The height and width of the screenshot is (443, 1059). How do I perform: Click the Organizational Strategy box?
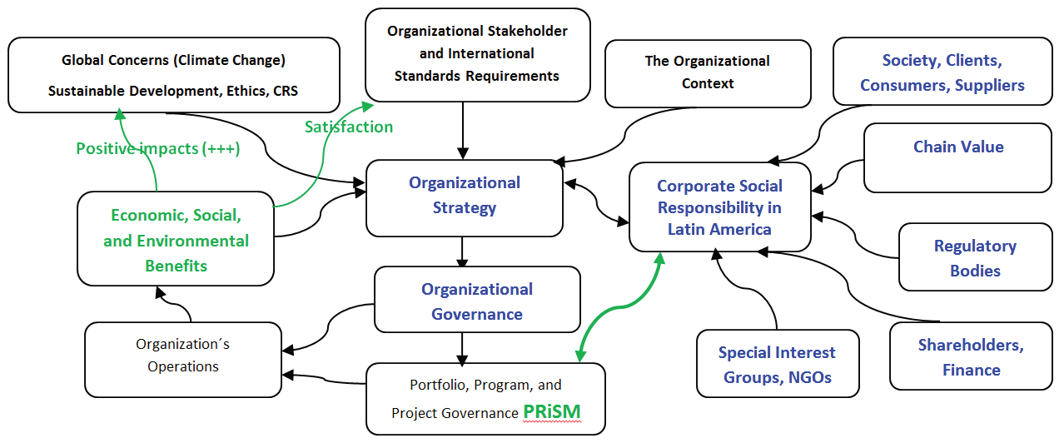464,196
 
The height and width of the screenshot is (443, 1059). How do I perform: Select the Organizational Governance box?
477,301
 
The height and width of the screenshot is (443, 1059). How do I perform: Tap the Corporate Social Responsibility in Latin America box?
719,207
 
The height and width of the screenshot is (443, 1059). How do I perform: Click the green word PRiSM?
551,411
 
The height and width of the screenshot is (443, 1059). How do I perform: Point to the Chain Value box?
957,158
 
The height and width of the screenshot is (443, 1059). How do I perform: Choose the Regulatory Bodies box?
975,257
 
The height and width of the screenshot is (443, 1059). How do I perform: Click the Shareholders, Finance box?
971,356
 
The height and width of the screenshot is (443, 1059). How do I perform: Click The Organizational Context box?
708,72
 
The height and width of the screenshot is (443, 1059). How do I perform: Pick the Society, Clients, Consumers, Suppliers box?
942,72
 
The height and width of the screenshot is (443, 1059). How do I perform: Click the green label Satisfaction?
348,127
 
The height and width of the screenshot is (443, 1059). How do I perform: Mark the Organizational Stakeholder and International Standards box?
477,54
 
